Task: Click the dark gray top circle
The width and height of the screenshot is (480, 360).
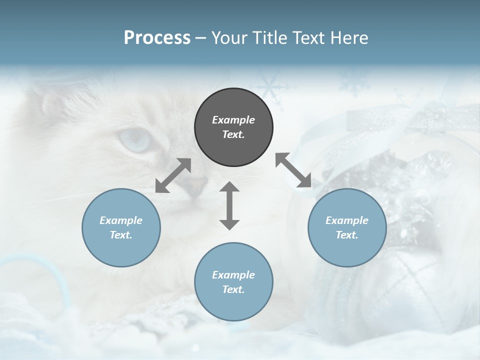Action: click(x=233, y=127)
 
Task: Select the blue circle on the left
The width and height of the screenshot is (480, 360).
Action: click(x=121, y=227)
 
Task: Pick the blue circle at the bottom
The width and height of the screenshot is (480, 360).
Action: click(x=233, y=282)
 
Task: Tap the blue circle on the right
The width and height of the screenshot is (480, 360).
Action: click(x=347, y=227)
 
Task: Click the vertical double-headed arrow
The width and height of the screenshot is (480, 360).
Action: click(x=229, y=205)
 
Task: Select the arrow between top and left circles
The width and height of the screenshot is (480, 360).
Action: click(x=173, y=175)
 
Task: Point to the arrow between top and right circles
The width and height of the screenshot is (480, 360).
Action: click(x=293, y=170)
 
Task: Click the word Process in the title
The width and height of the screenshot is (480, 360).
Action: click(x=157, y=38)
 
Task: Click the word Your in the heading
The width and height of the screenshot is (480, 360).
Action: click(x=228, y=38)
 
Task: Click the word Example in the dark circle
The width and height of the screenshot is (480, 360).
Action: click(x=233, y=120)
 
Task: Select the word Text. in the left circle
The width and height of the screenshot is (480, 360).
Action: click(x=121, y=235)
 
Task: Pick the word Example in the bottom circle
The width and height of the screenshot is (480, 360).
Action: click(x=233, y=275)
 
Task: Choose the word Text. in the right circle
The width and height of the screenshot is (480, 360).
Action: click(x=347, y=235)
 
